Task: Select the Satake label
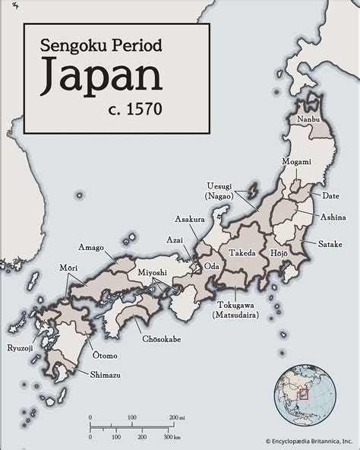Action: click(x=330, y=244)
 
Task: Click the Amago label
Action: click(x=90, y=247)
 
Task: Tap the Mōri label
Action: click(x=67, y=268)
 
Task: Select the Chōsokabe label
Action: click(x=161, y=340)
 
